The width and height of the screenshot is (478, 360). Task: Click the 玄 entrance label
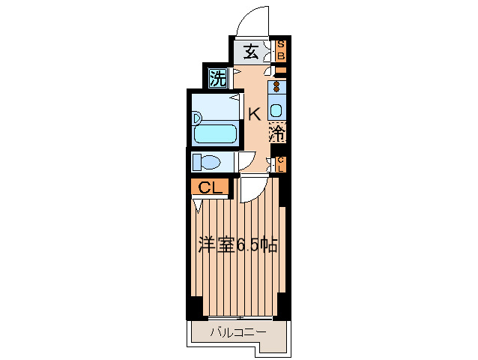(x=251, y=52)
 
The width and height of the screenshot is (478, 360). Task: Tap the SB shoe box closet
(x=281, y=51)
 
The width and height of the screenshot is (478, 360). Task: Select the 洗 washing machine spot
(x=218, y=78)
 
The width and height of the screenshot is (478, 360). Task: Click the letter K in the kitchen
(x=254, y=115)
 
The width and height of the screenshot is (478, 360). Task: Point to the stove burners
(x=276, y=87)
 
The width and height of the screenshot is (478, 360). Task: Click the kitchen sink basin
(x=276, y=110)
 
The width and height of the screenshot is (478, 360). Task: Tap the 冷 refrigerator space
(x=277, y=132)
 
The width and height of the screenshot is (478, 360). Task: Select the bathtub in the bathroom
(x=216, y=133)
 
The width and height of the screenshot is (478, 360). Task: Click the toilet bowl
(x=211, y=162)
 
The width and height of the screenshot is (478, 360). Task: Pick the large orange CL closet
(x=210, y=187)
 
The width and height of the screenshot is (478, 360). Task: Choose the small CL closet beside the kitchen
(x=281, y=164)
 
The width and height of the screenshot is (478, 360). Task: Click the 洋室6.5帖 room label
(x=238, y=244)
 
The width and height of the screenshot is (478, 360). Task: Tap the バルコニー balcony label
(x=238, y=331)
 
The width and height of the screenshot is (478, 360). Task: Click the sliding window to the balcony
(x=240, y=318)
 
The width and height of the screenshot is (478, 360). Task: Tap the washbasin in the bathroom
(x=197, y=118)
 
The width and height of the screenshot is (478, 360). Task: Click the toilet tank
(x=196, y=162)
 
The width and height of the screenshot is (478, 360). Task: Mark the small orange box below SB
(x=281, y=70)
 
